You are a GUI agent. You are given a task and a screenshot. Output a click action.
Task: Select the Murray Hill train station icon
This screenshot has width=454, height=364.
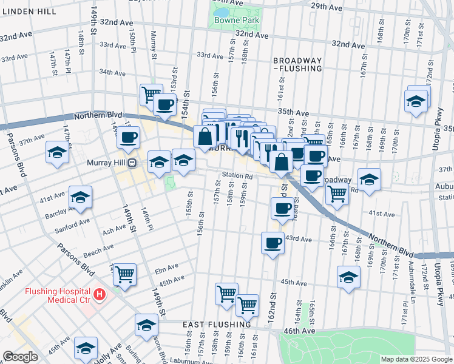pos(131,163)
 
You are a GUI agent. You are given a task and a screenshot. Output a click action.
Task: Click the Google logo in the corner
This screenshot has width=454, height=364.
pos(20,357)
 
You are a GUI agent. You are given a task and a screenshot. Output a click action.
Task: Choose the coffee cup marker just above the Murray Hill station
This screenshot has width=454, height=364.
pos(128,138)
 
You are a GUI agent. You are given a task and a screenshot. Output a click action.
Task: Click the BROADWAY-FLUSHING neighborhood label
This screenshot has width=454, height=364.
pos(297,65)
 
